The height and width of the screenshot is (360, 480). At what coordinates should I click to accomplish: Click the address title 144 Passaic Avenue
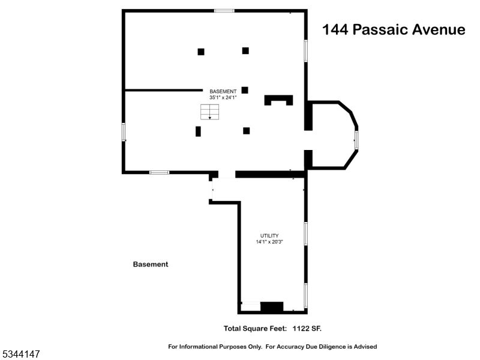pos(394,30)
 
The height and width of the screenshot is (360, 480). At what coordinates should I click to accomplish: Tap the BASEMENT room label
pos(223,91)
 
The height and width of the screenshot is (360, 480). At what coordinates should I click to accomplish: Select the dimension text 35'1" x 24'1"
pos(223,97)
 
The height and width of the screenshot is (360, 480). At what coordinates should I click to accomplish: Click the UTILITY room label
pos(269,235)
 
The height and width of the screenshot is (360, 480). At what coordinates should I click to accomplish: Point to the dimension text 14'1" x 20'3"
pos(269,242)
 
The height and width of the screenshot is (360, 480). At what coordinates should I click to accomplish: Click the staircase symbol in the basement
pos(209,112)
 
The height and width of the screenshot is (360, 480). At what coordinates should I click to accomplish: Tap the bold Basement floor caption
pos(150,264)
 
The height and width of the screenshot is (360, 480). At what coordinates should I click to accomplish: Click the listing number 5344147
pos(20,355)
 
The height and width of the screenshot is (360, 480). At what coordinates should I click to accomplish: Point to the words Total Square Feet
pos(255,328)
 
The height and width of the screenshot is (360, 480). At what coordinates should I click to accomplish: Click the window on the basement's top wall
pos(224,11)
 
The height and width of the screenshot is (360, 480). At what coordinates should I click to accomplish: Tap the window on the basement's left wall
pos(124,131)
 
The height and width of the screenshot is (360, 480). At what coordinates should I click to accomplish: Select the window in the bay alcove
pos(356,140)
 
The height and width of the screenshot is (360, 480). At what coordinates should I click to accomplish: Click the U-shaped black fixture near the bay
pos(279,100)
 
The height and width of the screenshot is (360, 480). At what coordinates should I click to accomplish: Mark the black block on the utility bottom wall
pos(272,307)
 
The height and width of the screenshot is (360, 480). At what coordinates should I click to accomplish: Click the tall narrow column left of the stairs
pos(198,131)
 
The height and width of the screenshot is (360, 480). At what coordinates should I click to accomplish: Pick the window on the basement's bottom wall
pos(159,173)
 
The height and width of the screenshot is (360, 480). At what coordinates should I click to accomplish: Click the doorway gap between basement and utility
pos(227,175)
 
